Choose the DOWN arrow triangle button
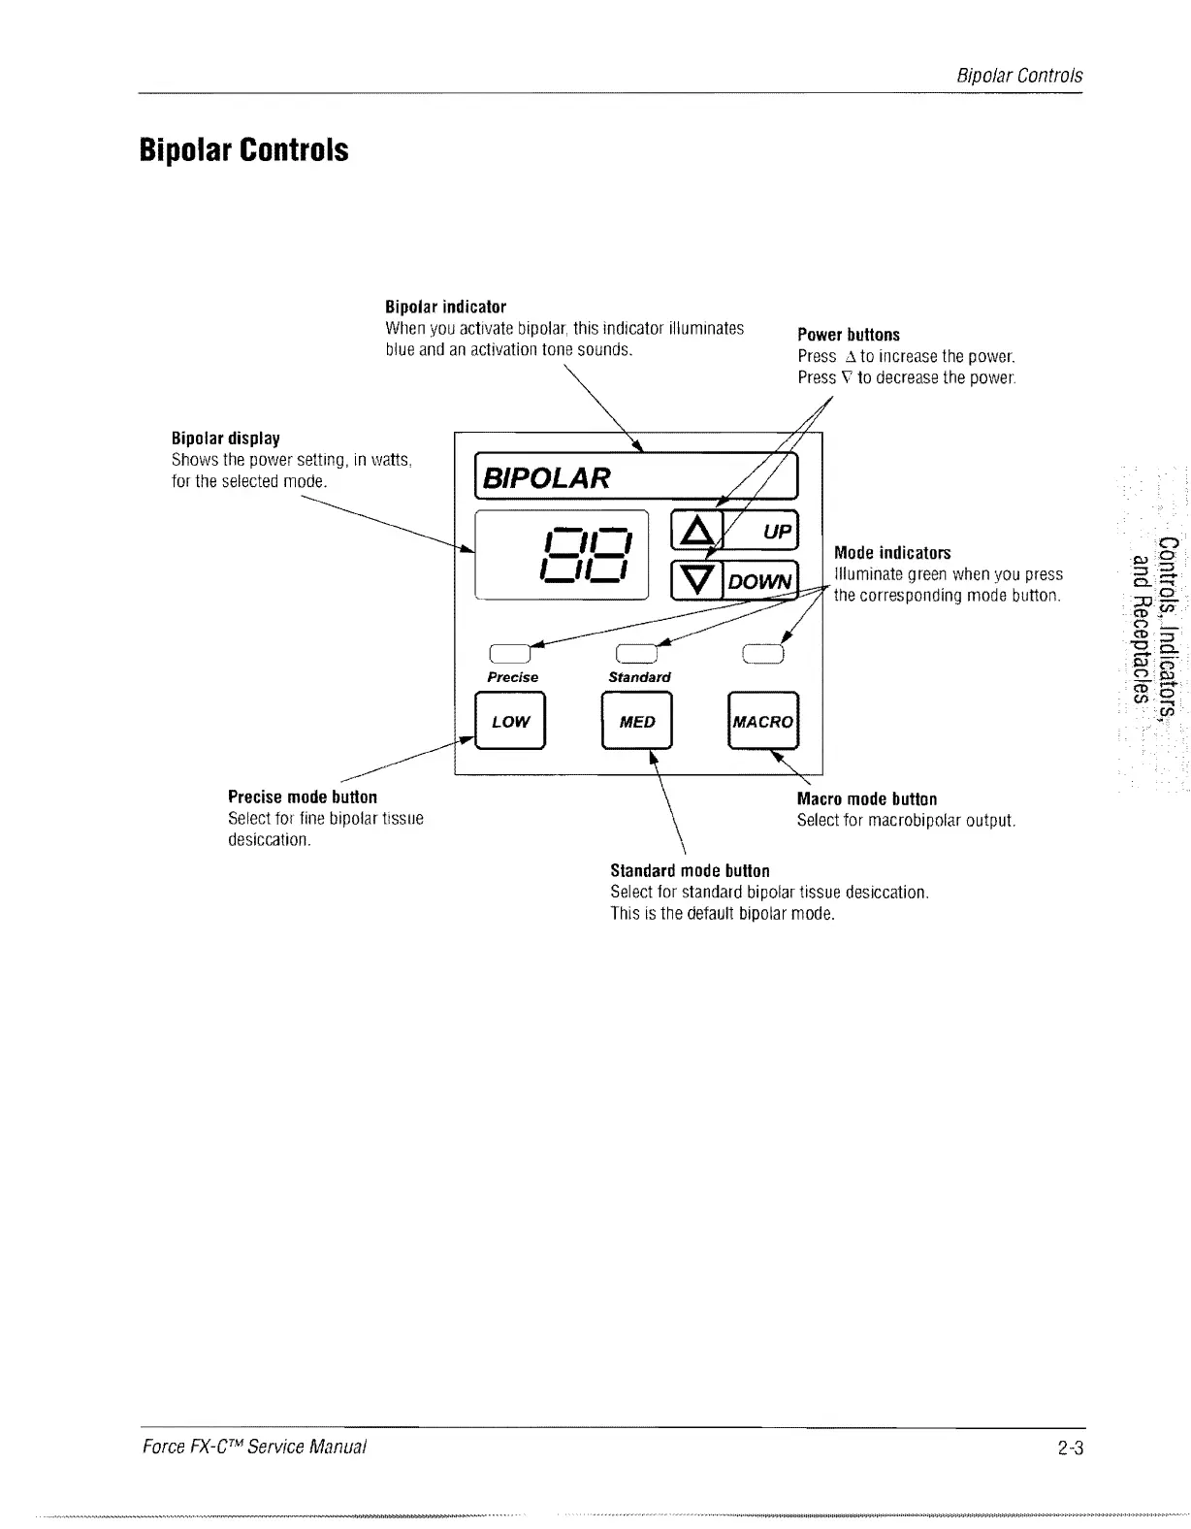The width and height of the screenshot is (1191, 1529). [x=696, y=580]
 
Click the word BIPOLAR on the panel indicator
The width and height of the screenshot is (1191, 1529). [x=548, y=477]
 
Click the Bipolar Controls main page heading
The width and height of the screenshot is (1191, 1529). [x=243, y=151]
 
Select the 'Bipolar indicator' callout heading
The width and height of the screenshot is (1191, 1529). [x=445, y=308]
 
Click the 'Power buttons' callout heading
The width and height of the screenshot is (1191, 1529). [x=849, y=335]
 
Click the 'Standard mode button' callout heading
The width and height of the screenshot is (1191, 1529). [x=690, y=870]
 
